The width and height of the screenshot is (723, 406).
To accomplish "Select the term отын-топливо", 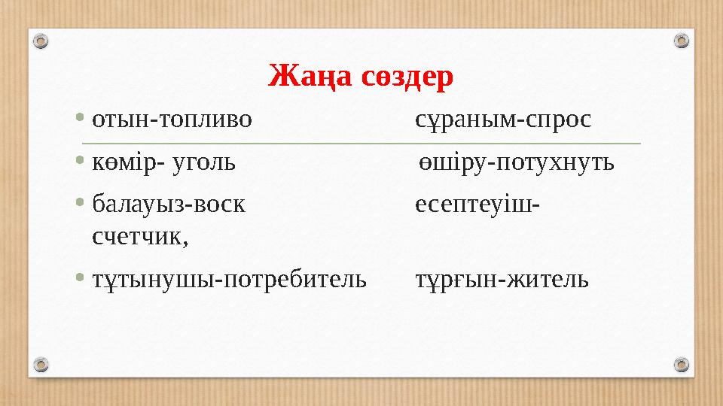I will [x=172, y=120].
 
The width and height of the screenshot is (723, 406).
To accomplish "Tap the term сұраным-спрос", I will [x=503, y=120].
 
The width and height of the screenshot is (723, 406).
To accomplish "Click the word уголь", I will [x=205, y=162].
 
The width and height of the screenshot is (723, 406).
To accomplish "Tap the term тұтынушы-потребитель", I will [x=229, y=280].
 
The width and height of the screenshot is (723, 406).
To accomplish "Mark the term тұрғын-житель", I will [x=502, y=280].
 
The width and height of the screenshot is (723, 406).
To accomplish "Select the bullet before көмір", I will [x=81, y=162].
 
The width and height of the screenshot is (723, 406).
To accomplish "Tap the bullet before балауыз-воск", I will [x=81, y=205].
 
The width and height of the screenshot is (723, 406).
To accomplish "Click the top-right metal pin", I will [x=681, y=41].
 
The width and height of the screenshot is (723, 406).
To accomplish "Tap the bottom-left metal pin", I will [x=42, y=365].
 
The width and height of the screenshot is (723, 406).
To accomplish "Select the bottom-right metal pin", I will [x=681, y=365].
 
